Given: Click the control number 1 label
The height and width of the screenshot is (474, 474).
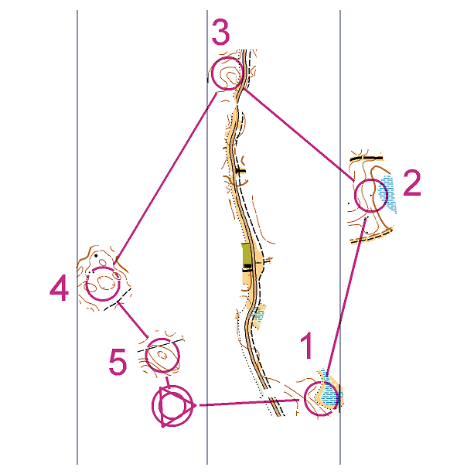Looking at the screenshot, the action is click(x=308, y=346).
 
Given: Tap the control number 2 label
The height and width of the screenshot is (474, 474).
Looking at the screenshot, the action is click(x=412, y=183).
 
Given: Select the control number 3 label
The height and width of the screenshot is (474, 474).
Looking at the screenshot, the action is click(x=220, y=32).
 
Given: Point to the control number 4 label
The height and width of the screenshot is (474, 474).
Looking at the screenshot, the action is click(x=60, y=288).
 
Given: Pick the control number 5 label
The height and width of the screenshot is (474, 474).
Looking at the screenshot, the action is click(x=118, y=362).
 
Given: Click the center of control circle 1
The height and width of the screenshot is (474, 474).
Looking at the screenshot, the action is click(x=321, y=399).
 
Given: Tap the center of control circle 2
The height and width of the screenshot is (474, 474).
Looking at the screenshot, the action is click(x=371, y=195).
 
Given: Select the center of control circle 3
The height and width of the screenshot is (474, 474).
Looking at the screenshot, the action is click(x=227, y=73).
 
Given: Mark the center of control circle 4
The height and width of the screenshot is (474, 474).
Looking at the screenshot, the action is click(x=103, y=284).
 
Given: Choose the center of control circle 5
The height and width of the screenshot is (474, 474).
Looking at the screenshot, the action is click(x=162, y=355).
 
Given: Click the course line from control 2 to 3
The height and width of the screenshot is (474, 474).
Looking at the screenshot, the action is click(x=299, y=135).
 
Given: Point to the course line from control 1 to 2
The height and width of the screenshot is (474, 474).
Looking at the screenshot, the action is click(x=346, y=296).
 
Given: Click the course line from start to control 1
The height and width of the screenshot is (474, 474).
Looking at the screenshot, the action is click(x=250, y=403).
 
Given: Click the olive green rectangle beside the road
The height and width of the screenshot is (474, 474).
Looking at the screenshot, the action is click(x=247, y=255).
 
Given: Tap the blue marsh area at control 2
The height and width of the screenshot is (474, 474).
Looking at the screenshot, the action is click(x=387, y=193).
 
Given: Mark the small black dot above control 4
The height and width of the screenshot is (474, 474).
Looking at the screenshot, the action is click(x=96, y=256).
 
